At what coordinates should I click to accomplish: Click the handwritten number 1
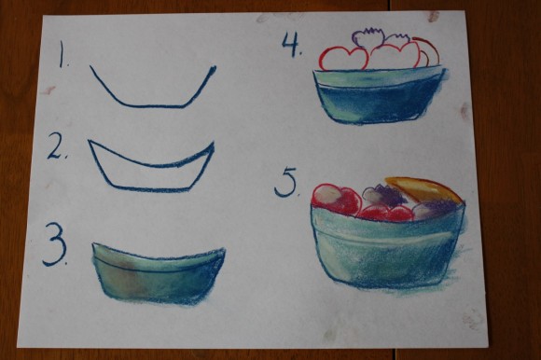[62, 59]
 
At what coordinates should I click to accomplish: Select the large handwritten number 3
[55, 245]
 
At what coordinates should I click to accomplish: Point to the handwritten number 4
[290, 45]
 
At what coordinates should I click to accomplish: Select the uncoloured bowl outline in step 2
[151, 166]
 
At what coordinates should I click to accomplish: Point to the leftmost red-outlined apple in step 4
[342, 58]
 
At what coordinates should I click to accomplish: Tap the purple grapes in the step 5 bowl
[382, 196]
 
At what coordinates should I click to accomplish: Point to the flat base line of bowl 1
[154, 105]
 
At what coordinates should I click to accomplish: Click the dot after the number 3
[67, 263]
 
